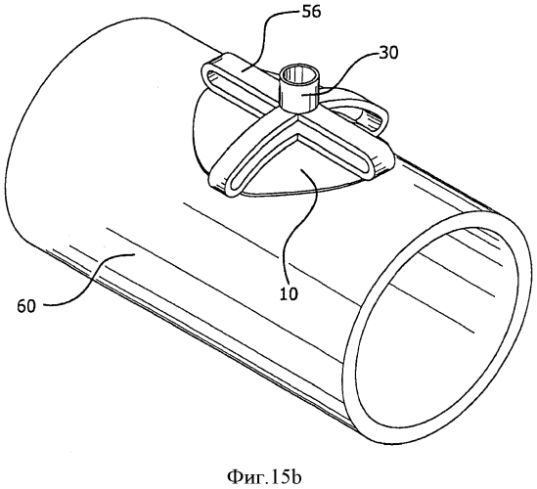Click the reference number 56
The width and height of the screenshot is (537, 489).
pyautogui.click(x=310, y=12)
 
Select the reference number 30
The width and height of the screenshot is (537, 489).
pyautogui.click(x=388, y=53)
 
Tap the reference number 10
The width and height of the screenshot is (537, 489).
pyautogui.click(x=289, y=294)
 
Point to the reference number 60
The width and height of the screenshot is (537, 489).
pyautogui.click(x=26, y=306)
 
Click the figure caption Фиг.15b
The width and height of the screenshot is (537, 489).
pyautogui.click(x=264, y=476)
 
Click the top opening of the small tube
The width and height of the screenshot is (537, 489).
pyautogui.click(x=297, y=73)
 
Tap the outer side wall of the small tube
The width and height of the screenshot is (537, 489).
pyautogui.click(x=297, y=97)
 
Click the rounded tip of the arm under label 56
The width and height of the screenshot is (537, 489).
pyautogui.click(x=206, y=73)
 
